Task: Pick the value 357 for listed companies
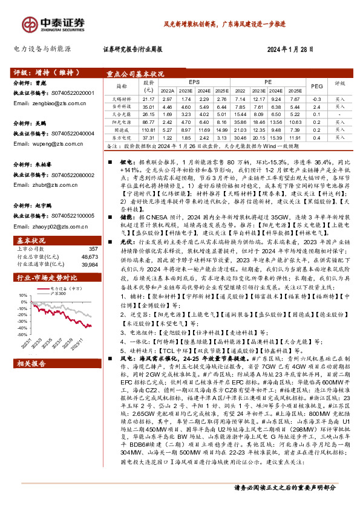click(x=93, y=249)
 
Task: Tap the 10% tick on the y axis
click(x=22, y=297)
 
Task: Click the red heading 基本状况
click(x=27, y=239)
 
